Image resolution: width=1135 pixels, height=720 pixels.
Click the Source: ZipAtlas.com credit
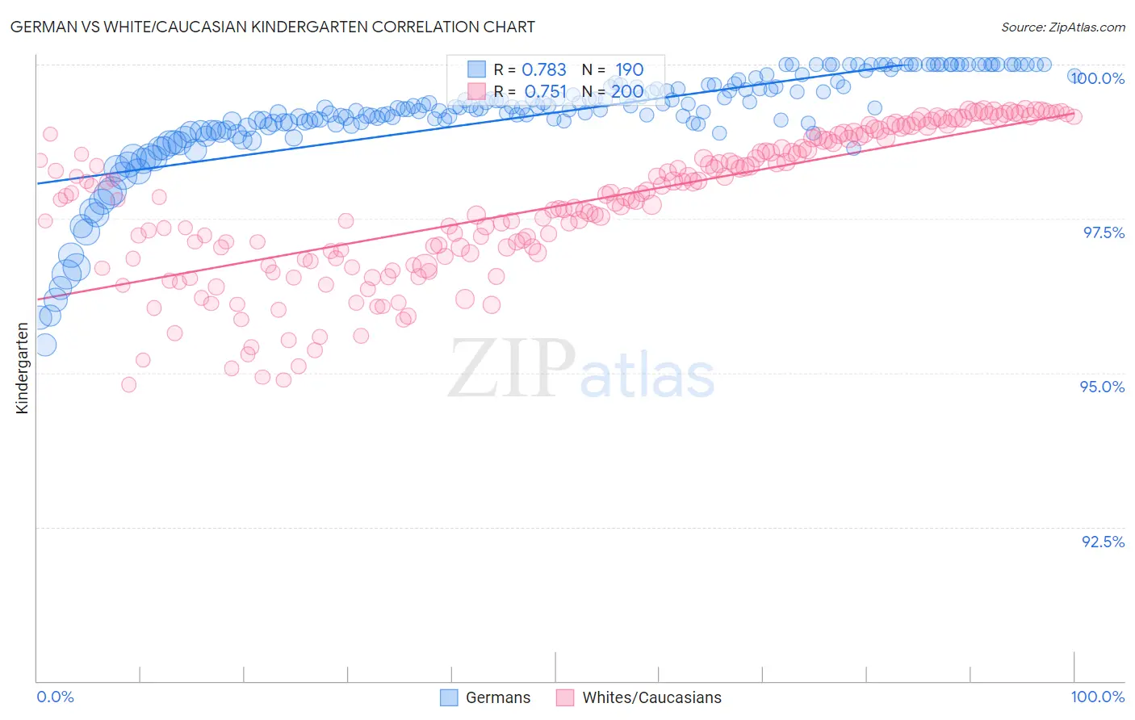(x=1062, y=27)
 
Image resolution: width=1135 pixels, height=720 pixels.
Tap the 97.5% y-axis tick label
(x=1104, y=232)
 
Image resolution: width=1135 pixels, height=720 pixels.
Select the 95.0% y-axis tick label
(x=1103, y=387)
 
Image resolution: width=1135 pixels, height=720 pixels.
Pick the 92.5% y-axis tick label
(x=1103, y=542)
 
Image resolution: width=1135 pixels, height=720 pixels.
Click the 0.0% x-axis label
(x=55, y=697)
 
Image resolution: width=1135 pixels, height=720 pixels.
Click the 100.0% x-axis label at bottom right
(x=1097, y=697)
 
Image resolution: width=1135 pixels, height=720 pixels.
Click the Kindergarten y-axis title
(x=22, y=368)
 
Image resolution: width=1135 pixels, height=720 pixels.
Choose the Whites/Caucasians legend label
(x=651, y=697)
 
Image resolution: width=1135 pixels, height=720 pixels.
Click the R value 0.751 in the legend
(x=545, y=91)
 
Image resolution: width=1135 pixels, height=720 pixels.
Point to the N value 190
(x=629, y=70)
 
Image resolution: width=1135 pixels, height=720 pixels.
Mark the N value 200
(x=627, y=91)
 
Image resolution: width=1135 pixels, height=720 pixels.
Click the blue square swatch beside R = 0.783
(x=476, y=69)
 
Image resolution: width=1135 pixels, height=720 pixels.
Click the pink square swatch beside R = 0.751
(x=476, y=90)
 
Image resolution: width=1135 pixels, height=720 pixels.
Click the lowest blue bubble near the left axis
(x=44, y=345)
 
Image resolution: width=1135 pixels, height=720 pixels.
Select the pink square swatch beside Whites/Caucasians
(x=565, y=697)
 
